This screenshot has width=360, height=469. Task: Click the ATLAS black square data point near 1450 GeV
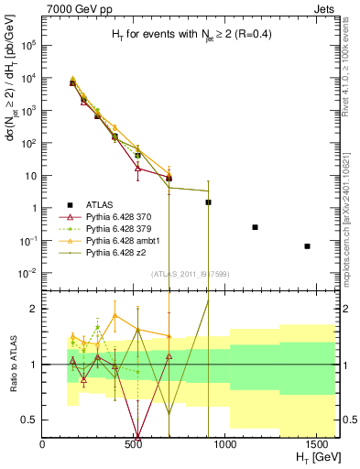pos(307,246)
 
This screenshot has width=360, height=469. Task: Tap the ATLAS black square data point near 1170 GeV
pos(255,227)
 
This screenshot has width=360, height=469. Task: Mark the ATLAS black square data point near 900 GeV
pos(209,202)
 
